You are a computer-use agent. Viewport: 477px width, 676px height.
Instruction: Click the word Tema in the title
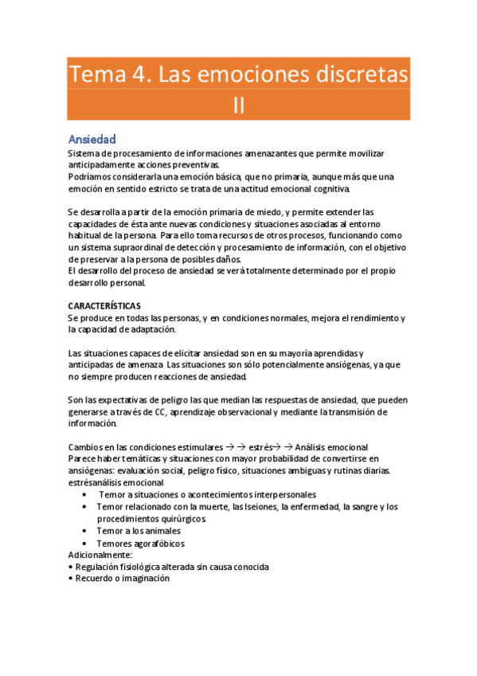pyautogui.click(x=92, y=75)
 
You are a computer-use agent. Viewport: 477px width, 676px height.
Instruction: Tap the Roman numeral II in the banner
pyautogui.click(x=239, y=106)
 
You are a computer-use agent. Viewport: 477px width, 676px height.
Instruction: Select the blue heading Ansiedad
pyautogui.click(x=92, y=139)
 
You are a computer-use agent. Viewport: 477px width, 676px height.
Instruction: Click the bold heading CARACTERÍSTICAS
pyautogui.click(x=105, y=306)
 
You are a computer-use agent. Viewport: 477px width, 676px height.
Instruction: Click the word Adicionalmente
pyautogui.click(x=100, y=555)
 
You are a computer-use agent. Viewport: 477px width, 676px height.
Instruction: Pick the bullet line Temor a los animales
pyautogui.click(x=139, y=531)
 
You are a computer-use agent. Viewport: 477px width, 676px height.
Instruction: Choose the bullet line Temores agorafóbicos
pyautogui.click(x=142, y=543)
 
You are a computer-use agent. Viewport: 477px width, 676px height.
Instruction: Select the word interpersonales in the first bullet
pyautogui.click(x=280, y=495)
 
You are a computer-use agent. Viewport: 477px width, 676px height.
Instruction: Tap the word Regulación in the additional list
pyautogui.click(x=100, y=567)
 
